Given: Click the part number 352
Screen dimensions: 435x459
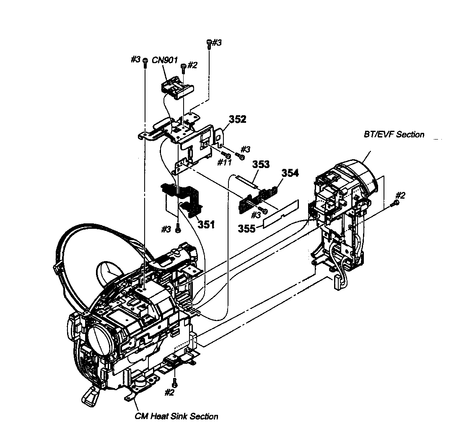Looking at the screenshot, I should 238,119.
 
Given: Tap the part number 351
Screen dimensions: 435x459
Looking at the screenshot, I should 206,225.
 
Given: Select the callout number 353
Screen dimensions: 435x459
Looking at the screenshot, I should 261,164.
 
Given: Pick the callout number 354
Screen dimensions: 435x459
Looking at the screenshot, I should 290,173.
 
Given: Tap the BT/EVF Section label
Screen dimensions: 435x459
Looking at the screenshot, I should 394,135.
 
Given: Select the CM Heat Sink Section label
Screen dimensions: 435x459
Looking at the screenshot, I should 176,417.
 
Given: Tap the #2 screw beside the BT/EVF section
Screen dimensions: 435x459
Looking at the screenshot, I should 396,203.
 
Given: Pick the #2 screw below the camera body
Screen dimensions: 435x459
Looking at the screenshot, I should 175,383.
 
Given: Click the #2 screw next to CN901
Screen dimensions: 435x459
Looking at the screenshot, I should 183,67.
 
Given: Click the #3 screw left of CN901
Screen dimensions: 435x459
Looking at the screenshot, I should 145,61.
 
